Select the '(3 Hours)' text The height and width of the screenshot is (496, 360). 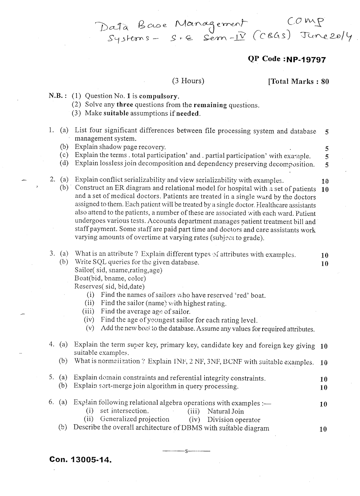pos(188,81)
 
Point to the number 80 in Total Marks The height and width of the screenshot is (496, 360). pos(325,81)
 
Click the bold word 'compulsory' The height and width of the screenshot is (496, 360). pos(159,96)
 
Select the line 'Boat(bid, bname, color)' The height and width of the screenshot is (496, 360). pos(110,278)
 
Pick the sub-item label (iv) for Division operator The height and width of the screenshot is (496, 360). pos(195,420)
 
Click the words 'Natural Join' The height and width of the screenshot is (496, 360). pos(226,412)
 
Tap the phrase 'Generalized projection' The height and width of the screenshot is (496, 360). pos(134,419)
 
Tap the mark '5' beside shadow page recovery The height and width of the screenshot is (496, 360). pos(327,149)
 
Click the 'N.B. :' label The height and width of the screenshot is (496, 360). pos(58,96)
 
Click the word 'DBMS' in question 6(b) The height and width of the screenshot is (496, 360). pos(192,428)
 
